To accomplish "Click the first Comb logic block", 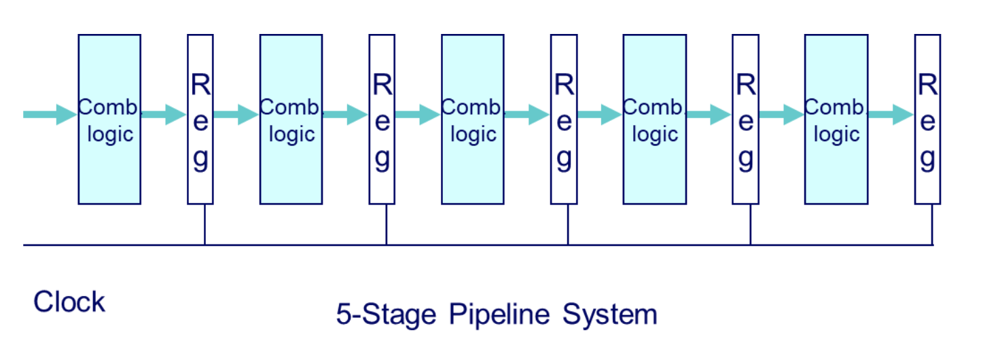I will (x=109, y=120).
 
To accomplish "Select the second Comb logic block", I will (x=291, y=120).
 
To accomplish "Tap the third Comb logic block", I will (x=473, y=120).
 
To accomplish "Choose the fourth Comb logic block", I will (x=654, y=120).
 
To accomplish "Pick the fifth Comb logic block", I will (x=836, y=120).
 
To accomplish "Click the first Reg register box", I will (x=200, y=120).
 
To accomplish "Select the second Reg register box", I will (x=382, y=120).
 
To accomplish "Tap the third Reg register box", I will (x=564, y=120).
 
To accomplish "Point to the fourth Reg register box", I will (x=745, y=120).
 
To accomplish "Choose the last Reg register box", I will (x=927, y=120).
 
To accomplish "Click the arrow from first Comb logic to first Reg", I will (x=164, y=115).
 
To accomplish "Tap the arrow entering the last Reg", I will (x=891, y=115).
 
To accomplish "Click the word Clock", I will (x=69, y=302).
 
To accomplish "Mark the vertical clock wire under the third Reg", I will (x=568, y=224).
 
